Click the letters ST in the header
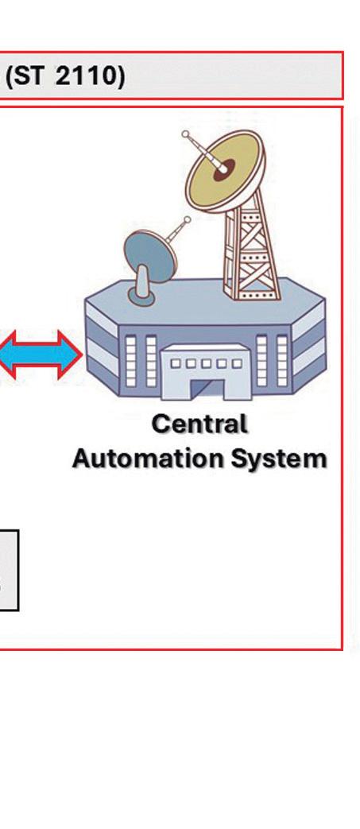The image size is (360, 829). pyautogui.click(x=29, y=76)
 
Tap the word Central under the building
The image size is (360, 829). pyautogui.click(x=199, y=424)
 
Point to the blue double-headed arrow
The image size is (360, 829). pyautogui.click(x=40, y=354)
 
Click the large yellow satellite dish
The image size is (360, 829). pyautogui.click(x=225, y=170)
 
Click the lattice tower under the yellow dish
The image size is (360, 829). pyautogui.click(x=250, y=246)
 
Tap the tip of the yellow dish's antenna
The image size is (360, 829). pyautogui.click(x=185, y=134)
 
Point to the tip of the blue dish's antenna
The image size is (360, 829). pyautogui.click(x=187, y=219)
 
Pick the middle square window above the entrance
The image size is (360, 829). pyautogui.click(x=206, y=364)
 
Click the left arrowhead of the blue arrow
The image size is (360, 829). pyautogui.click(x=9, y=354)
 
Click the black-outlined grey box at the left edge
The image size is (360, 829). pyautogui.click(x=9, y=571)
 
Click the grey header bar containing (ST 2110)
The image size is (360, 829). pyautogui.click(x=172, y=76)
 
